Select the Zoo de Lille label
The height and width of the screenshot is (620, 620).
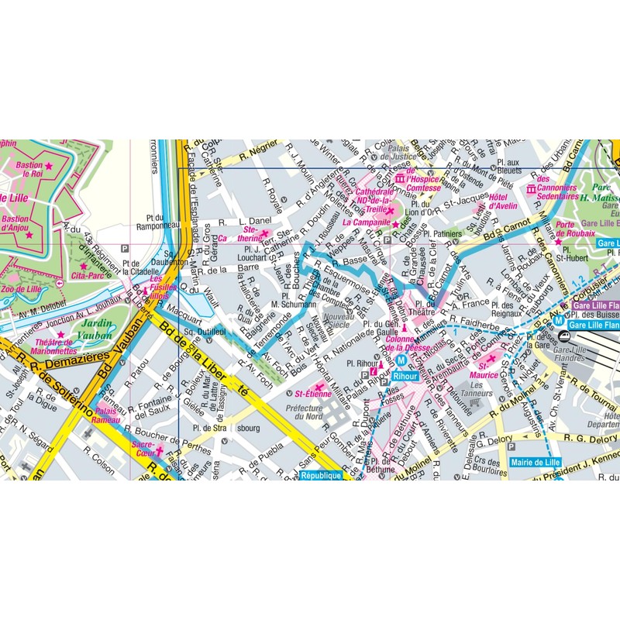[x=24, y=288]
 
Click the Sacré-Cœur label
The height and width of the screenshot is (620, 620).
[x=143, y=450]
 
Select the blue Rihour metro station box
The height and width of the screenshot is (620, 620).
[x=405, y=375]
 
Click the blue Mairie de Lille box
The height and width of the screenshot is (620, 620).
[x=536, y=462]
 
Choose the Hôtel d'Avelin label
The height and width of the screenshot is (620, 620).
[x=502, y=201]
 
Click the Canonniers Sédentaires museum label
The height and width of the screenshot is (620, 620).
[x=559, y=193]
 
